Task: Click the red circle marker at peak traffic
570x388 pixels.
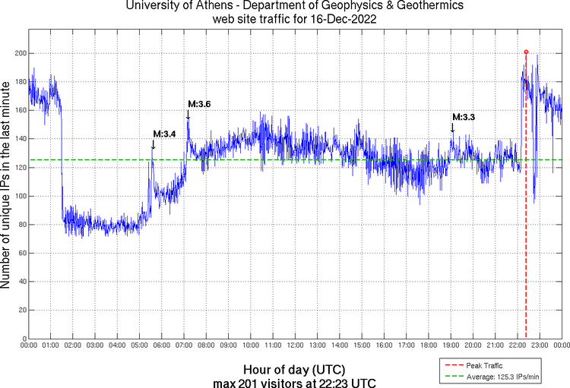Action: tap(526, 52)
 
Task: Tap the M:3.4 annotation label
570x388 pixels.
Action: tap(164, 134)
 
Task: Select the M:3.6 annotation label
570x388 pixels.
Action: tap(199, 103)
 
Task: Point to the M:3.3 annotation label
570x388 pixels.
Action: tap(464, 117)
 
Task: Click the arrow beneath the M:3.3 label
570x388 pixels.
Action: tap(452, 128)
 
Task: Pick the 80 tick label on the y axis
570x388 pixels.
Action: tap(20, 225)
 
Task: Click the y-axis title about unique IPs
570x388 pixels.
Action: tap(6, 185)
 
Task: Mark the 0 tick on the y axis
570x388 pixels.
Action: tap(23, 339)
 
